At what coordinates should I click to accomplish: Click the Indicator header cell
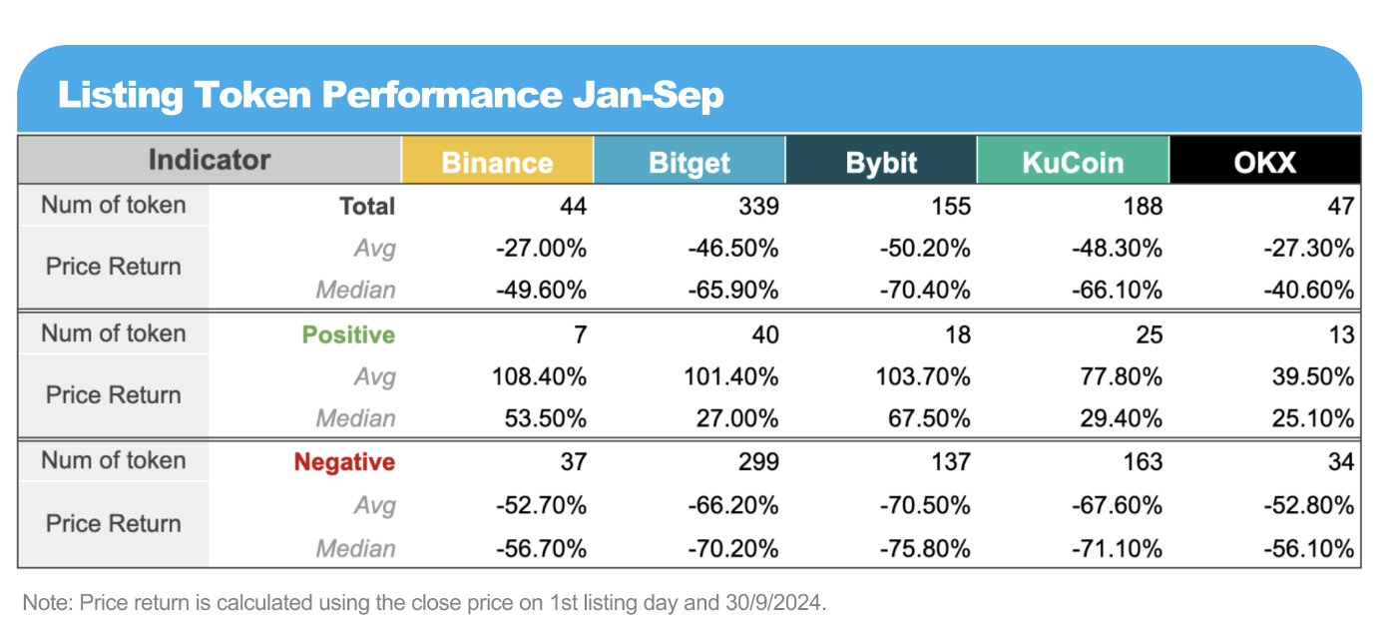pos(210,160)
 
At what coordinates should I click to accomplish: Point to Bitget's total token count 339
pos(759,206)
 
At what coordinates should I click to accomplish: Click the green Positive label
pos(348,334)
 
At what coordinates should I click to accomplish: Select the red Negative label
pos(344,462)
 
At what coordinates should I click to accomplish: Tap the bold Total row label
pos(367,206)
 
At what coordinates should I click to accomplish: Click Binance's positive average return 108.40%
pos(539,376)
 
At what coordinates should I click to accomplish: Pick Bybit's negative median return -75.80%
pos(925,549)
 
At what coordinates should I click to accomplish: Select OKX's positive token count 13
pos(1341,334)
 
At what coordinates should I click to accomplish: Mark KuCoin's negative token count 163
pos(1143,462)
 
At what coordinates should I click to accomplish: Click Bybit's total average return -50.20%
pos(925,248)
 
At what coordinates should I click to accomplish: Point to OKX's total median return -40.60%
pos(1309,290)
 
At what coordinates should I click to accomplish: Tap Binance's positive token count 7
pos(580,334)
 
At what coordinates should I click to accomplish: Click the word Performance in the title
pos(441,95)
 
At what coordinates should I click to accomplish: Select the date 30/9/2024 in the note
pos(775,602)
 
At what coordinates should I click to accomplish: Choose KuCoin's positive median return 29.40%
pos(1122,417)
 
